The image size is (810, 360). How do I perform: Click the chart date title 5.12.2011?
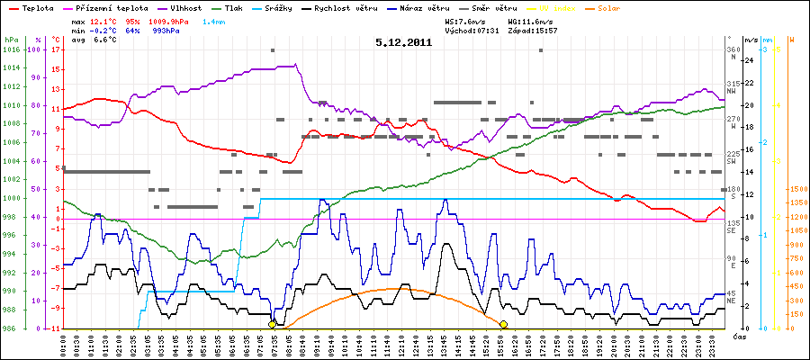[404, 41]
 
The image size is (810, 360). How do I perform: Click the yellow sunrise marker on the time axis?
[272, 324]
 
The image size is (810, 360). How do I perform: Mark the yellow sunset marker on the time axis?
[503, 324]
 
